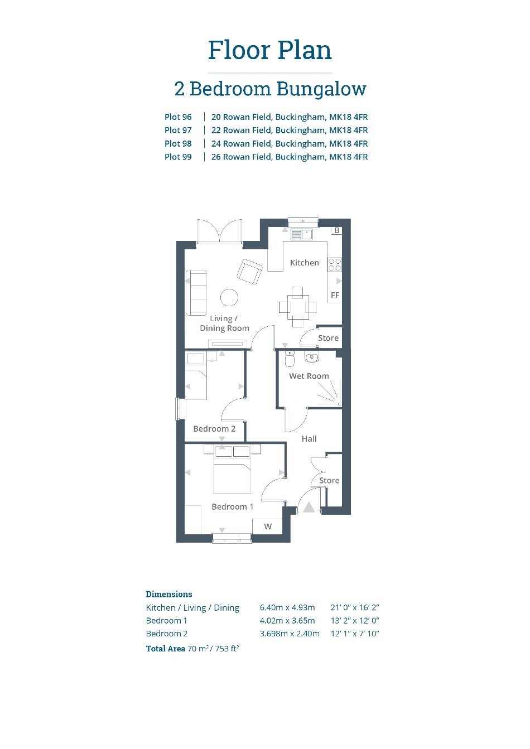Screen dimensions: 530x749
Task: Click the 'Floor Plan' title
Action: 270,50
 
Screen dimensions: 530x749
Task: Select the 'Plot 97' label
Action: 178,130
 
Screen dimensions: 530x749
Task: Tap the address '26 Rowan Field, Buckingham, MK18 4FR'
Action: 290,157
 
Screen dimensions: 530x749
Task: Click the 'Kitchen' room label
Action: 304,263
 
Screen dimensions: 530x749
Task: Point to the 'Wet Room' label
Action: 309,376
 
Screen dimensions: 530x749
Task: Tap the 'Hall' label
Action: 309,439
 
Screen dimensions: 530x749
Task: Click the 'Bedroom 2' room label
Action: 214,429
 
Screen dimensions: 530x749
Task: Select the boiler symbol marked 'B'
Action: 337,230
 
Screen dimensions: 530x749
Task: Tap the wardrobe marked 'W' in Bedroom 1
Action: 268,526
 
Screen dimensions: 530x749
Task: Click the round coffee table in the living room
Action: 229,297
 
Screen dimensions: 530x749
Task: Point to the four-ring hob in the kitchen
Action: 335,264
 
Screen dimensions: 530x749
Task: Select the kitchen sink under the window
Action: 301,234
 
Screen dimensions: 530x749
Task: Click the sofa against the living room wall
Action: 196,293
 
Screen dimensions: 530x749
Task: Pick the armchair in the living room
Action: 249,272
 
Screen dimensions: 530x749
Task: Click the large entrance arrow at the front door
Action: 309,507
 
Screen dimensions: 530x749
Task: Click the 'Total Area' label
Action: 166,649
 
